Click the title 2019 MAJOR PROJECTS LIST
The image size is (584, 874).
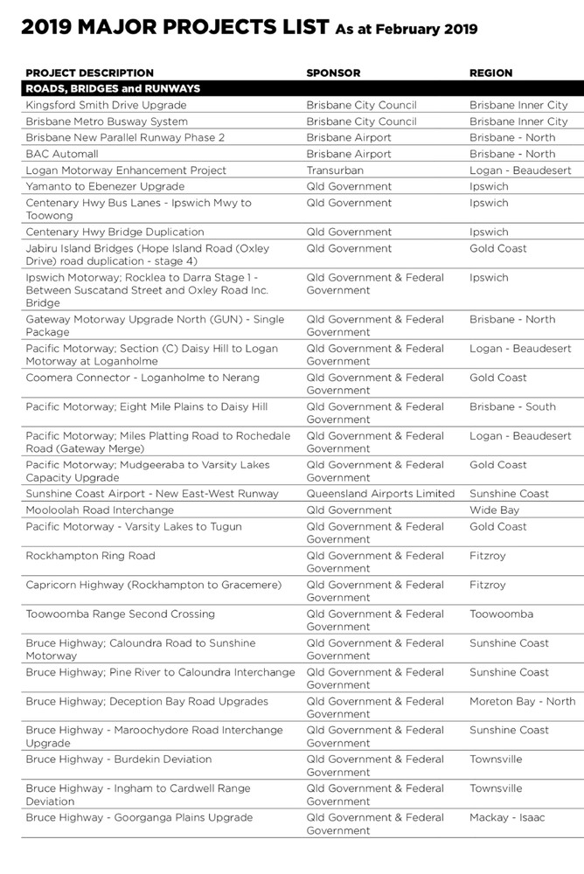[x=175, y=28]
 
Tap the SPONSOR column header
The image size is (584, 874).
[x=333, y=73]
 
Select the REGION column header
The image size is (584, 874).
[x=491, y=73]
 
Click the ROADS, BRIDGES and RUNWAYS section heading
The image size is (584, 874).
[x=113, y=89]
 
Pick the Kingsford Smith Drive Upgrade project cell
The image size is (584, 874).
[x=106, y=106]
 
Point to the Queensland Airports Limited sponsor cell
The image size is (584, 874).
[x=380, y=494]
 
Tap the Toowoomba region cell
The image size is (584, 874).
[x=501, y=614]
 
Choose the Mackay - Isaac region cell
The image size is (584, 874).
[x=507, y=818]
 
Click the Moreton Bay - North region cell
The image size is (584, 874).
[x=522, y=702]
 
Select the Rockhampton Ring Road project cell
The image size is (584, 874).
[x=90, y=556]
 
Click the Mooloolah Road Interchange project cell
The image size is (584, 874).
[x=100, y=510]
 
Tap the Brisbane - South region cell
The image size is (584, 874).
[x=512, y=407]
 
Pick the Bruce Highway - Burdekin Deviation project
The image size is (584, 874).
[x=118, y=760]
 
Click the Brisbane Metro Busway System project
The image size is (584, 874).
[x=107, y=121]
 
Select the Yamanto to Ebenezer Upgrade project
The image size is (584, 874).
[x=105, y=187]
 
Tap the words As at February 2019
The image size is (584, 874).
[x=407, y=30]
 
